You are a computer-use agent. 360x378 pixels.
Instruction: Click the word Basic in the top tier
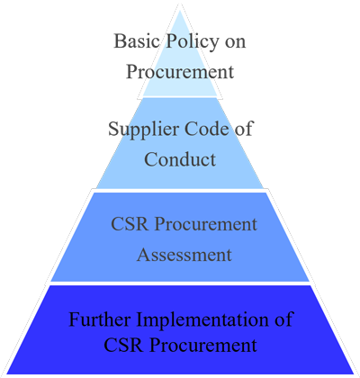137,41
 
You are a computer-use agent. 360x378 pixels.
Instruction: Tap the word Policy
193,42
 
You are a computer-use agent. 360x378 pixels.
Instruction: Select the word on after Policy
236,43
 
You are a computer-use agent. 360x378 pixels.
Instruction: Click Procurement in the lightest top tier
180,72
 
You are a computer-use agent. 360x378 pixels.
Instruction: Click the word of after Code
243,129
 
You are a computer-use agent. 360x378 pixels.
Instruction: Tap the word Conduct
180,159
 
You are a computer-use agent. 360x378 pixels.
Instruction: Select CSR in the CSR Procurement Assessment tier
130,224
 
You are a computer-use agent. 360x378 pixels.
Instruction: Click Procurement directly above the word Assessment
206,224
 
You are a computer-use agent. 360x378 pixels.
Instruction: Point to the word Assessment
184,255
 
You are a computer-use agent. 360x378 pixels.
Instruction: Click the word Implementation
202,321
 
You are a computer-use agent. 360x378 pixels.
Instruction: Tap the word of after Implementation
283,319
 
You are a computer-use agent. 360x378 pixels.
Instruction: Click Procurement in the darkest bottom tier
203,346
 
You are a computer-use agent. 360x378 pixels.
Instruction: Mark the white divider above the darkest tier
180,283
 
